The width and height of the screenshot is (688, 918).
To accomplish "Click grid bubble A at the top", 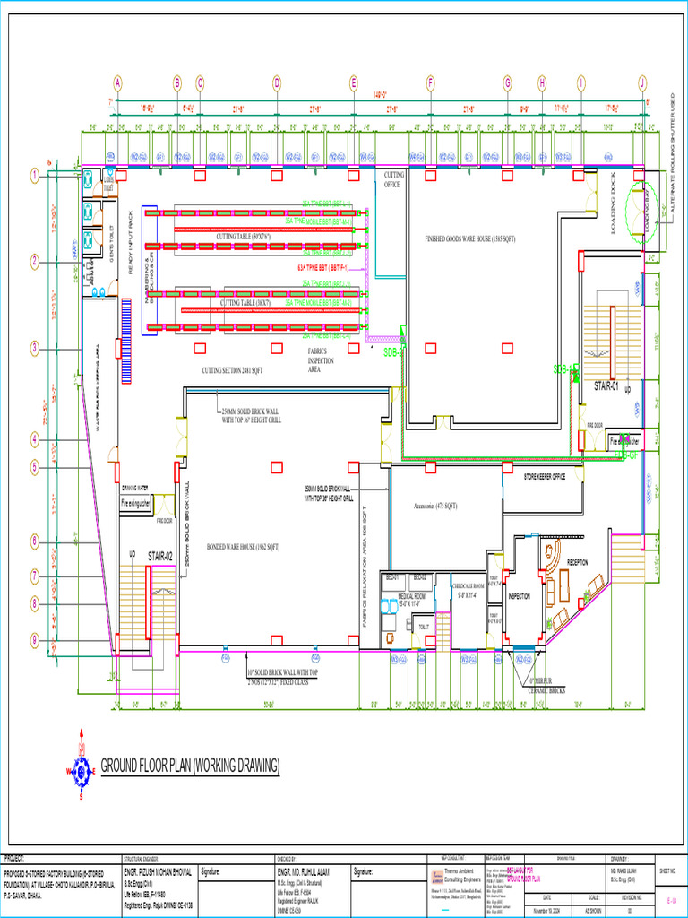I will pyautogui.click(x=117, y=82).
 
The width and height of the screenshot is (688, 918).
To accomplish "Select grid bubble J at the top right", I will pyautogui.click(x=642, y=82).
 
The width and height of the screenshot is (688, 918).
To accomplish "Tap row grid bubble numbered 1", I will pyautogui.click(x=34, y=176).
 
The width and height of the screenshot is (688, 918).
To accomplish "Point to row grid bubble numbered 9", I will pyautogui.click(x=34, y=639).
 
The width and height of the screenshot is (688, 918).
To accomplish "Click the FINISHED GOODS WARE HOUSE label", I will pyautogui.click(x=470, y=239).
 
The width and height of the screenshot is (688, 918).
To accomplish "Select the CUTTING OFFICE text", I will pyautogui.click(x=392, y=179).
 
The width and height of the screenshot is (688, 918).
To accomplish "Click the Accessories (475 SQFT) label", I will pyautogui.click(x=435, y=506).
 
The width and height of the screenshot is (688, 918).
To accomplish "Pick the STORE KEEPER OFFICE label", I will pyautogui.click(x=545, y=476).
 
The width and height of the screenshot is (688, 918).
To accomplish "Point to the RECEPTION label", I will pyautogui.click(x=578, y=562).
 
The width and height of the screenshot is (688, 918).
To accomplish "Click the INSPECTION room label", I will pyautogui.click(x=520, y=596).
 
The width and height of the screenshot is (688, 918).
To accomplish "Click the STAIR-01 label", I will pyautogui.click(x=607, y=385).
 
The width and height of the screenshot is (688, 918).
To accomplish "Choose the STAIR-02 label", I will pyautogui.click(x=160, y=557).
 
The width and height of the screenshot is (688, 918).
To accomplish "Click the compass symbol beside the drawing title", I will pyautogui.click(x=82, y=769).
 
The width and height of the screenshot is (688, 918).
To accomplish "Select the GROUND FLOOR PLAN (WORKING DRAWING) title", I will pyautogui.click(x=190, y=765).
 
